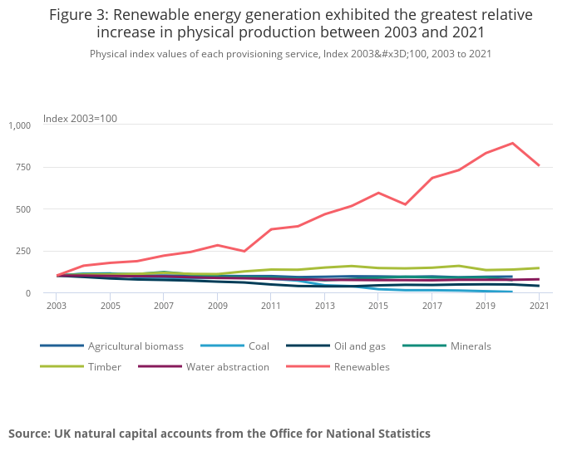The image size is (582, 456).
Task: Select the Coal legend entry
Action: [259, 346]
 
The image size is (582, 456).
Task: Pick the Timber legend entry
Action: [104, 366]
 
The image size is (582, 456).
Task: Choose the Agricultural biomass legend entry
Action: [136, 346]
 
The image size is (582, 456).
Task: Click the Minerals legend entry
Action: [470, 346]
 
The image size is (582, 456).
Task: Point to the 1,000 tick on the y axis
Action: [19, 125]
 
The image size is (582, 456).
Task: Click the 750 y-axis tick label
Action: [22, 167]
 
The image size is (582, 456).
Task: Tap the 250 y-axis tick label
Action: [22, 251]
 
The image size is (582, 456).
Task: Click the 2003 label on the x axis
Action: [57, 306]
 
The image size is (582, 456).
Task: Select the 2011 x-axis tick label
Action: [272, 306]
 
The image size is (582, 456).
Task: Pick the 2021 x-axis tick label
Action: [540, 306]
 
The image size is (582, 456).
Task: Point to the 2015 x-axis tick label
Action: [379, 306]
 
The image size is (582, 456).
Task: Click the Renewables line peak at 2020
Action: [513, 143]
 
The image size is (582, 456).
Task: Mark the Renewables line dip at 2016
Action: [406, 204]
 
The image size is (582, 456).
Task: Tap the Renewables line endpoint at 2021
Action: [540, 165]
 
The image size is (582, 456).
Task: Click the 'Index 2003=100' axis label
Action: [80, 119]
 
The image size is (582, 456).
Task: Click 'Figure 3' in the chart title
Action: [82, 15]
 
